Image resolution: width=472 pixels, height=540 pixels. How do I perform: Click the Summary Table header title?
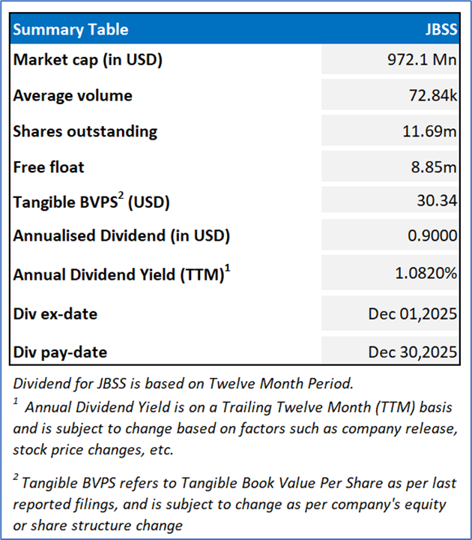tap(70, 30)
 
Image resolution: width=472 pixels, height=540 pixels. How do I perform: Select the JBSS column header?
tap(440, 30)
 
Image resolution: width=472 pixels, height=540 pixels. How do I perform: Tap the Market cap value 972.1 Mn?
tap(423, 60)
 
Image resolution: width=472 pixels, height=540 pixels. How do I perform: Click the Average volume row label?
tap(73, 95)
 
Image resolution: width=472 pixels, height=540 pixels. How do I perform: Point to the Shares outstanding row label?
tap(85, 131)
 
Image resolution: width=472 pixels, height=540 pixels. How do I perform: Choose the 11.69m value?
tap(430, 132)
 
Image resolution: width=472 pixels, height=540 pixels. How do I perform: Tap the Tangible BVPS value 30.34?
tap(438, 202)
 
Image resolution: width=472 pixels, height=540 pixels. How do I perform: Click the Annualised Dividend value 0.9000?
tap(435, 236)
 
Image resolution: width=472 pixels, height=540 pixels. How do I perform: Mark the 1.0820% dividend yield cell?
tap(426, 274)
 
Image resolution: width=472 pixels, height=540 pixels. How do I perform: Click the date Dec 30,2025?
tap(413, 352)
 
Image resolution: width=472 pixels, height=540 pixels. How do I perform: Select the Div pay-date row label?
tap(60, 352)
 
